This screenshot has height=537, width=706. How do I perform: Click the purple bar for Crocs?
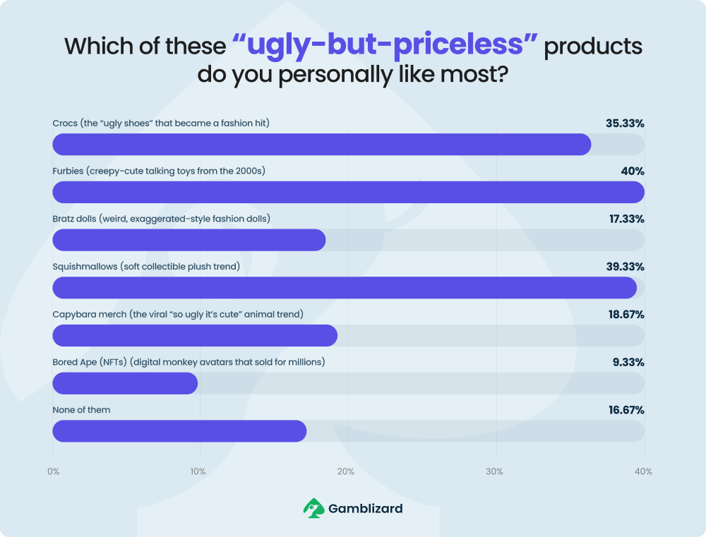point(321,145)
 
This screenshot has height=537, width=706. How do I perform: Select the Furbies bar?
point(348,192)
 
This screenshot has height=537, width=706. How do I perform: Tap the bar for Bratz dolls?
point(189,240)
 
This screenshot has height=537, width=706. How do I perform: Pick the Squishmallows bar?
point(345,288)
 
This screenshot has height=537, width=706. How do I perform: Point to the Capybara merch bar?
point(194,336)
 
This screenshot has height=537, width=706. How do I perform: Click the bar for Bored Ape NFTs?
point(125,383)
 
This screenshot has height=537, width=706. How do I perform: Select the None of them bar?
point(179,431)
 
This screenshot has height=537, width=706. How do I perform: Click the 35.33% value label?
point(625,123)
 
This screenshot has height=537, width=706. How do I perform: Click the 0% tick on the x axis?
point(53,471)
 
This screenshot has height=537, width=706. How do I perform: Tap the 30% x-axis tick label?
point(494,471)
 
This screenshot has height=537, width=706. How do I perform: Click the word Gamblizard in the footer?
point(365,507)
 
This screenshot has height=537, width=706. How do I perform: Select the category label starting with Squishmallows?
point(146,267)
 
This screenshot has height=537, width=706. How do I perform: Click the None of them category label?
point(81,410)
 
